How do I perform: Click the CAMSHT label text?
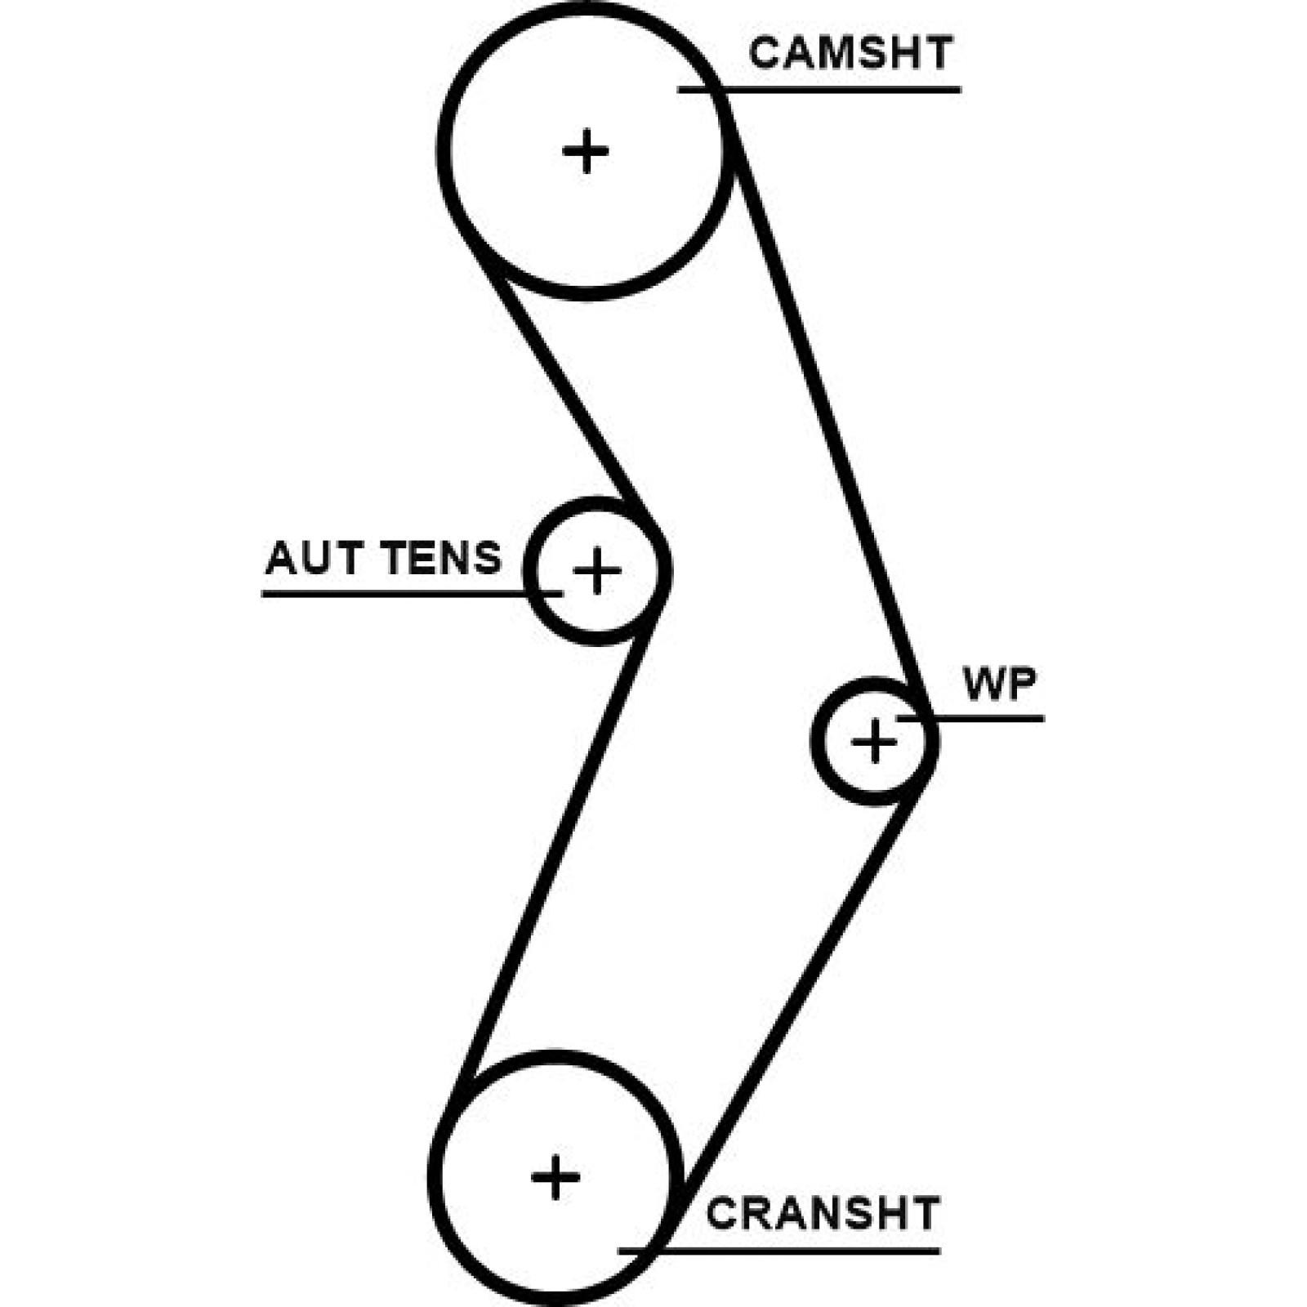[850, 54]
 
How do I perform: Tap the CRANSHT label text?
[823, 1214]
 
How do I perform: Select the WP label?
[1000, 685]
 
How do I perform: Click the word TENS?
[441, 559]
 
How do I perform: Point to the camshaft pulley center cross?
[586, 151]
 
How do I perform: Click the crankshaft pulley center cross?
[555, 1177]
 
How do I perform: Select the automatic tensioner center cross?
[597, 570]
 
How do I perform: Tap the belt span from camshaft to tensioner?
[564, 384]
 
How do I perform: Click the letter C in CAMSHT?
[765, 54]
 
